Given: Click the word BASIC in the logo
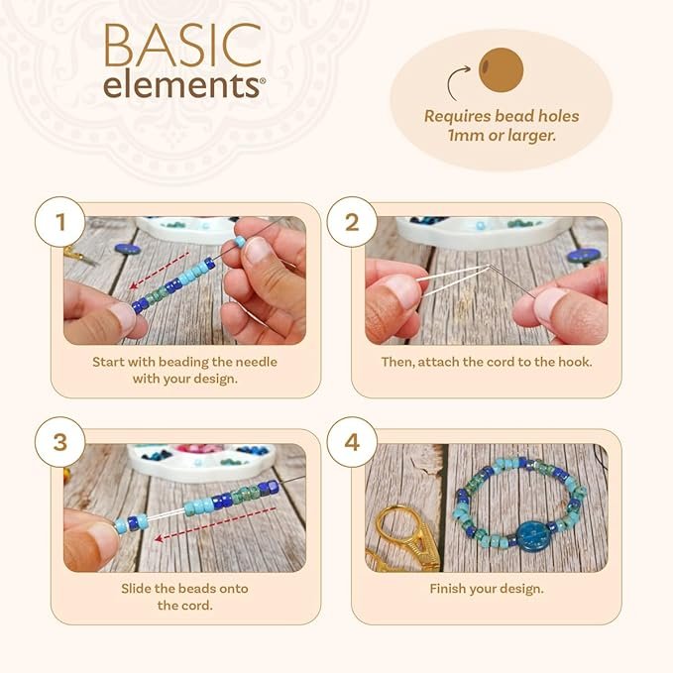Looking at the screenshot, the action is (182, 46).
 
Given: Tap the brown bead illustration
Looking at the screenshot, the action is (501, 69).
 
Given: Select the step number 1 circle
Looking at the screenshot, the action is (60, 222).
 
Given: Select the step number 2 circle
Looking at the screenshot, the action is (352, 222).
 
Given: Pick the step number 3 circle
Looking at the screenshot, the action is (60, 442).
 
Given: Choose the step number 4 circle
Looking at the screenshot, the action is (352, 442).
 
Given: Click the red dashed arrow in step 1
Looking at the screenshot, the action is (160, 271).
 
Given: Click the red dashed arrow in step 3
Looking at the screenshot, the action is (215, 524).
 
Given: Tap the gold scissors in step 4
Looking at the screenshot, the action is (402, 539).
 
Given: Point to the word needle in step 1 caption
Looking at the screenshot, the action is (256, 362).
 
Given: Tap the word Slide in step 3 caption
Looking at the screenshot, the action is (135, 589).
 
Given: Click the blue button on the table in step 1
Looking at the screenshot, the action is (128, 249).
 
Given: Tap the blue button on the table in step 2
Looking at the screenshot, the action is (580, 255).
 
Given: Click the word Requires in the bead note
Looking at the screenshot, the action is (458, 117).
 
